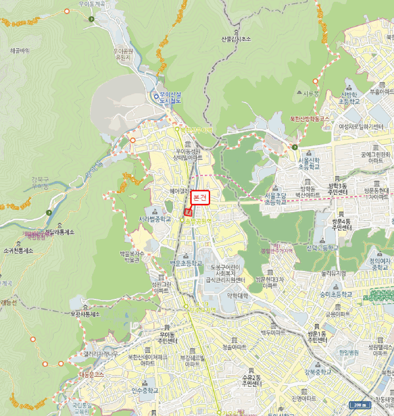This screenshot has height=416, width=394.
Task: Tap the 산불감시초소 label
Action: (236, 39)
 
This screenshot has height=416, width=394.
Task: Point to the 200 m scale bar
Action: (358, 405)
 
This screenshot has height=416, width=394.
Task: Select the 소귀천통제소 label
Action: (18, 251)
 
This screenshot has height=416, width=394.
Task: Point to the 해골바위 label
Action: (20, 51)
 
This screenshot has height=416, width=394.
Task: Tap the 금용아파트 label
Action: (337, 313)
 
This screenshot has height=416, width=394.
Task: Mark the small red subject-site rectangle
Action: (187, 212)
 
